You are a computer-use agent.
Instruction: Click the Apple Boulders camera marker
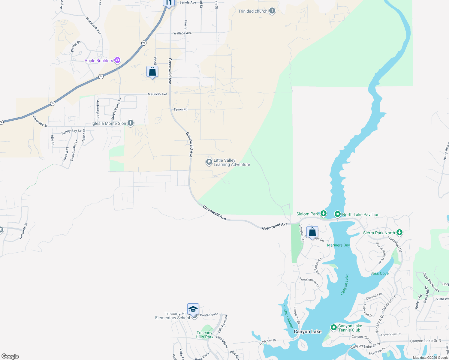pos(117,60)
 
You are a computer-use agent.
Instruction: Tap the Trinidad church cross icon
pos(272,11)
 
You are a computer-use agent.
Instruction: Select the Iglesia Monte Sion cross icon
pos(130,123)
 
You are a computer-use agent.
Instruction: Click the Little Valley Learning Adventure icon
pos(209,162)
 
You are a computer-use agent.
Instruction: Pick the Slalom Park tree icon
pos(323,214)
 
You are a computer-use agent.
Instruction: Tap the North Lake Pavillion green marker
pos(337,214)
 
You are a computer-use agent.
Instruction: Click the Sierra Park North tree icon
pos(399,232)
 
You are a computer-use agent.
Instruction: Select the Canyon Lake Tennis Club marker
pos(333,327)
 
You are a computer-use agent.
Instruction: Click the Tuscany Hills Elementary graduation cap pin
pos(193,309)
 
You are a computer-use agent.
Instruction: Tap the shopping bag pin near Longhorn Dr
pos(312,232)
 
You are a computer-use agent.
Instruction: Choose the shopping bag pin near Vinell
pos(152,71)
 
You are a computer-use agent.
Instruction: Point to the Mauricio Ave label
pos(157,94)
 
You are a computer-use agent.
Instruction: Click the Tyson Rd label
pos(180,109)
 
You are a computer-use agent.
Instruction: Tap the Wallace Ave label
pos(182,33)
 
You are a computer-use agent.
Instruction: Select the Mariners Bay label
pos(338,245)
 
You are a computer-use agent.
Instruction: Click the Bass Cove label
pos(379,273)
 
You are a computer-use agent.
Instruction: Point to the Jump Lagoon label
pos(288,316)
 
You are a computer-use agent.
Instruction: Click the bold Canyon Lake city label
pos(308,331)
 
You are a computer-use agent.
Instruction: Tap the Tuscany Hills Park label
pos(204,335)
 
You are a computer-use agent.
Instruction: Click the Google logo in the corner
pos(10,356)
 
